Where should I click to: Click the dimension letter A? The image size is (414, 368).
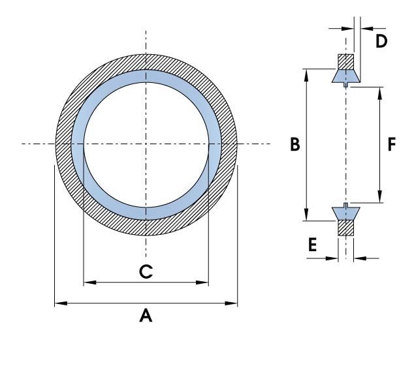146,316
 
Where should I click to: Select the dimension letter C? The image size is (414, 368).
146,271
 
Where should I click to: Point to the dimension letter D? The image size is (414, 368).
381,41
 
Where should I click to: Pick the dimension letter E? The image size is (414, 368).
313,245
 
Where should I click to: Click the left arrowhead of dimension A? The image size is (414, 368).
59,303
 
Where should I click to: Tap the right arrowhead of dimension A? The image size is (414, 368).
233,303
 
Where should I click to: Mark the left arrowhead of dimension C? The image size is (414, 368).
88,283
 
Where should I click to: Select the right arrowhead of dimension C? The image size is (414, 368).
204,283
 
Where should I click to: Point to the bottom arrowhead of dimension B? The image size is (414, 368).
306,217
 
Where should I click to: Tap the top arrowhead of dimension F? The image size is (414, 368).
379,90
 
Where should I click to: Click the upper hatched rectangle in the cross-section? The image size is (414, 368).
345,62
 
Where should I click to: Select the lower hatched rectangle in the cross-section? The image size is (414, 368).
345,227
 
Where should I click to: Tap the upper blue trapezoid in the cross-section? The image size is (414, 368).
345,76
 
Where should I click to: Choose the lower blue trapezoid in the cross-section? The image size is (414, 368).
345,213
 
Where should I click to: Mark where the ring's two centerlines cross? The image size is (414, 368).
146,144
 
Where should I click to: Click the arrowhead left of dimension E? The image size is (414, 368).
333,258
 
